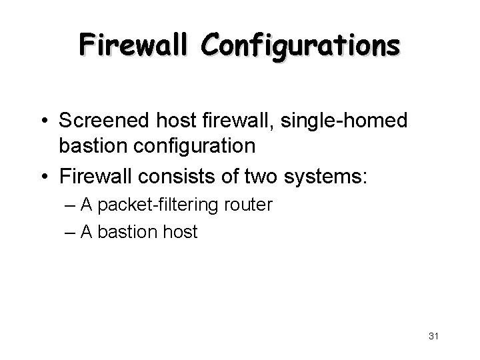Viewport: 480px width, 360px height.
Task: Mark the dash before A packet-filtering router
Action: pos(71,205)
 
